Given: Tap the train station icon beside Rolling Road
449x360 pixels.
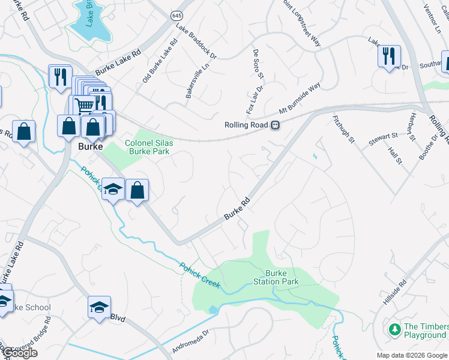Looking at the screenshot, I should click(275, 125).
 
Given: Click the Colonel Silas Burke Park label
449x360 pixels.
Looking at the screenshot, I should click(147, 147).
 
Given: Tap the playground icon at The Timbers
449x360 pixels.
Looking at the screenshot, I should click(394, 329).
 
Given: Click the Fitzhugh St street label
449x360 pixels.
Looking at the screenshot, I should click(344, 128).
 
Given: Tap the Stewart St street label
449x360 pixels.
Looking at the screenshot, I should click(384, 140).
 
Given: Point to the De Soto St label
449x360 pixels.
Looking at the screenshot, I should click(258, 64).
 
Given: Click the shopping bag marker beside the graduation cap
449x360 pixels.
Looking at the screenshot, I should click(137, 190).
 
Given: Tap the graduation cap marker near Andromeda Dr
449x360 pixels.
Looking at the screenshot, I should click(100, 308).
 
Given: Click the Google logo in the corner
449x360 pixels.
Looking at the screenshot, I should click(19, 353).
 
